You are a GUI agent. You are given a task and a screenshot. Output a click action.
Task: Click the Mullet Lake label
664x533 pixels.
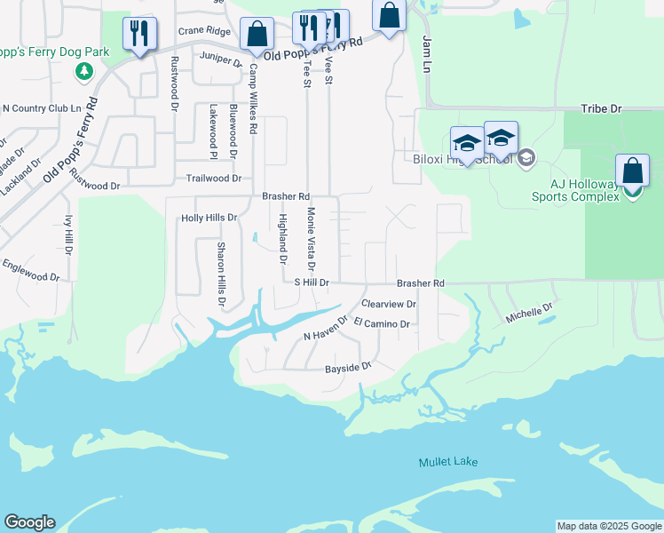click(448, 462)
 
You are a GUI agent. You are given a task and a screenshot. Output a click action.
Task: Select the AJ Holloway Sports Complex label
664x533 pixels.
click(575, 189)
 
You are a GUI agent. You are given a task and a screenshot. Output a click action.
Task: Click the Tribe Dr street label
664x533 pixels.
click(601, 108)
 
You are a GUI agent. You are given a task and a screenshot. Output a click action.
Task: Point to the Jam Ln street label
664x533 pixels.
click(427, 55)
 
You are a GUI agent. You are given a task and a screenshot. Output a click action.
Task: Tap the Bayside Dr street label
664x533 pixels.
click(346, 366)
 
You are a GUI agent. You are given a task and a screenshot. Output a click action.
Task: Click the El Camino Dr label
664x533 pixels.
click(382, 324)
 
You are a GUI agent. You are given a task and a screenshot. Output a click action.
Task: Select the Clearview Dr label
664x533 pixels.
click(388, 304)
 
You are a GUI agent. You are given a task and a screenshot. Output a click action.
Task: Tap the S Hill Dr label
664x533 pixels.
click(312, 282)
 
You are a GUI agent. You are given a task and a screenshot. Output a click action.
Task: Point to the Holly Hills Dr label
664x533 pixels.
click(209, 217)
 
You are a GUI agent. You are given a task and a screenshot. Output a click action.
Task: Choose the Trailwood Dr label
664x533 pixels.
click(213, 179)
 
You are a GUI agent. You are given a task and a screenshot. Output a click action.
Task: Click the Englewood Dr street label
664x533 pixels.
click(30, 270)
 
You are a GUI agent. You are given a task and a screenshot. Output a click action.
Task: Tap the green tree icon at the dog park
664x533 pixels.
click(84, 70)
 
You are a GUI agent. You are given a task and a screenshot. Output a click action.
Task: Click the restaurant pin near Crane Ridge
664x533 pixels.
click(139, 35)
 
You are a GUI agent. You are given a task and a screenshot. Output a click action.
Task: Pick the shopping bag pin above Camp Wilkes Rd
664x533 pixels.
click(257, 35)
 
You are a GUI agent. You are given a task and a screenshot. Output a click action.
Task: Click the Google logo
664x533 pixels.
click(29, 522)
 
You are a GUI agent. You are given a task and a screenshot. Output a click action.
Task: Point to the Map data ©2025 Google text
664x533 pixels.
click(608, 526)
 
